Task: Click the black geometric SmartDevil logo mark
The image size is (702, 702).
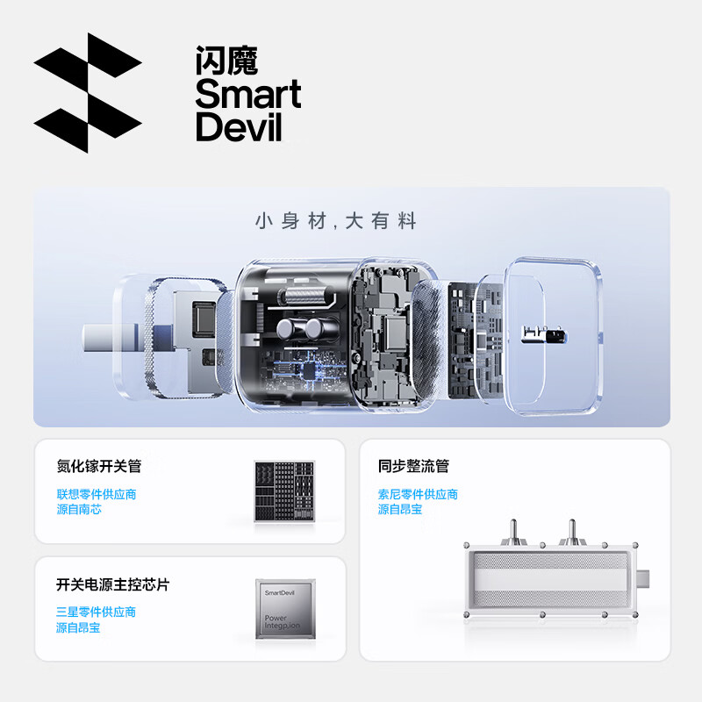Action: click(x=87, y=92)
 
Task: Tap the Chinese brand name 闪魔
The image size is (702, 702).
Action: click(x=226, y=61)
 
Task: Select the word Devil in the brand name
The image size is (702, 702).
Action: click(x=239, y=126)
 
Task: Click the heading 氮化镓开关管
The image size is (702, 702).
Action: click(x=99, y=466)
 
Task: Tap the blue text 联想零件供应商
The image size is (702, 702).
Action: click(x=97, y=494)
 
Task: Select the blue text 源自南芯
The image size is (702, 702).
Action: click(x=79, y=509)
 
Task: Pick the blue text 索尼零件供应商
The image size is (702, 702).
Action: click(x=418, y=494)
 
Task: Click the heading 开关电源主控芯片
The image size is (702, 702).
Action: click(x=112, y=584)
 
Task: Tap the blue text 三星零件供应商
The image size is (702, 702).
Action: click(x=97, y=612)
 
